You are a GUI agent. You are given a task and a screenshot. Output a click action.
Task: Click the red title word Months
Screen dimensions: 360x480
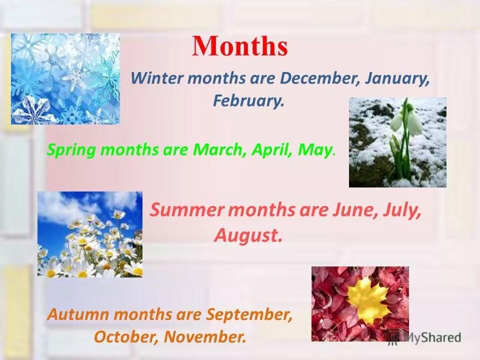(x=240, y=46)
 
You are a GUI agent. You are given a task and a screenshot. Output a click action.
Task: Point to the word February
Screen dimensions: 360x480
(x=248, y=101)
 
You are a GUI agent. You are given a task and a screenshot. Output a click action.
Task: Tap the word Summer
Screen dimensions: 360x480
(x=187, y=210)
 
